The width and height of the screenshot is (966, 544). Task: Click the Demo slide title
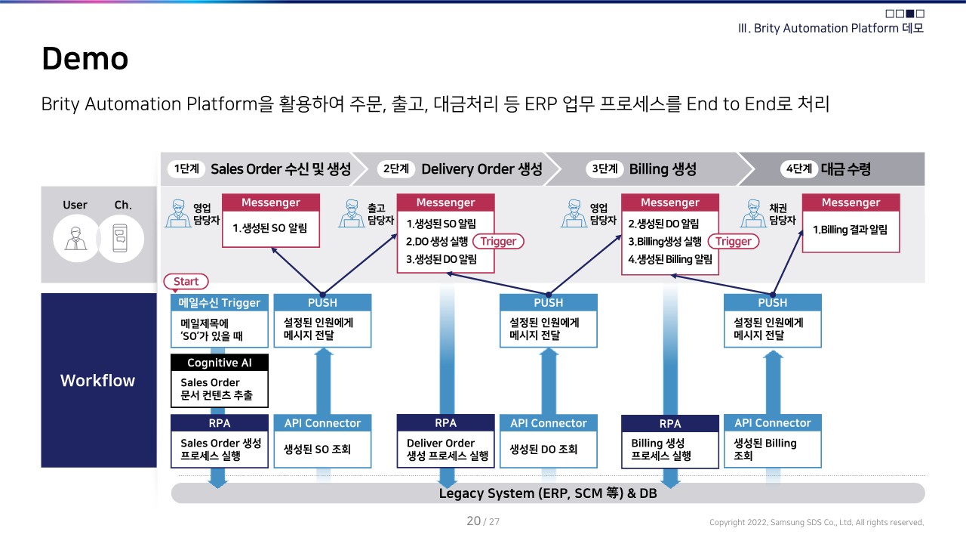pos(85,59)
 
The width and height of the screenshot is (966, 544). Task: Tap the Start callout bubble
pos(186,282)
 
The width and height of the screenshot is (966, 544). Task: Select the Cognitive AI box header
pos(220,363)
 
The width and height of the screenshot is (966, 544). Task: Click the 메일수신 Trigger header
pos(220,303)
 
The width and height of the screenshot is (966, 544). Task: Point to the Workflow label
pos(97,380)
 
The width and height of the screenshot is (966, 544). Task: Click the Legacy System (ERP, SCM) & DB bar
pos(548,493)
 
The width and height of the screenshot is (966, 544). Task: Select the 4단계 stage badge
pos(798,169)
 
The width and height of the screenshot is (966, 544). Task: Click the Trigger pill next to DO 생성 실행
pos(498,242)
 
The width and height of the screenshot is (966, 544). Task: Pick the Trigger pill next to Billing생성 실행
pos(734,242)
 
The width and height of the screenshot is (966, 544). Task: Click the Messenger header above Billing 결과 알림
pos(851,202)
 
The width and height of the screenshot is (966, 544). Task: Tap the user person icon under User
pos(75,239)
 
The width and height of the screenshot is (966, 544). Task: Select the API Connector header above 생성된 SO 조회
pos(322,423)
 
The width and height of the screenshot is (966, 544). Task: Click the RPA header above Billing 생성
pos(669,424)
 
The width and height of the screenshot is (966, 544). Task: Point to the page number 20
pos(474,521)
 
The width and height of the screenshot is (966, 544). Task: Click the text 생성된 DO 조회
pos(543,450)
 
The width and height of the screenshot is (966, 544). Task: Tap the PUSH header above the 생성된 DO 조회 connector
pos(548,303)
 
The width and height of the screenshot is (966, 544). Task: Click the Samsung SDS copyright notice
pos(816,522)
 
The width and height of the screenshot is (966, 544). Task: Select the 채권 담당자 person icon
pos(754,214)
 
